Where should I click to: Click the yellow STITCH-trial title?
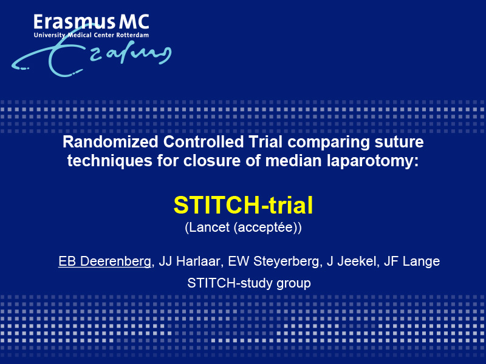click(243, 205)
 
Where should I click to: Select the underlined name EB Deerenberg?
click(104, 261)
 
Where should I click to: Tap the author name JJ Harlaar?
click(190, 261)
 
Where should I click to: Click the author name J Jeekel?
click(352, 261)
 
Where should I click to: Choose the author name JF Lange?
click(412, 261)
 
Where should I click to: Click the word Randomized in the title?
click(111, 142)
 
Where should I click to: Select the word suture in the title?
click(399, 142)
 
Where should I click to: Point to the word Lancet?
click(210, 227)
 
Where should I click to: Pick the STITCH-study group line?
click(249, 283)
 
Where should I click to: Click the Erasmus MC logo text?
click(92, 22)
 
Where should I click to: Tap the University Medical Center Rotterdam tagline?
click(92, 35)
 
